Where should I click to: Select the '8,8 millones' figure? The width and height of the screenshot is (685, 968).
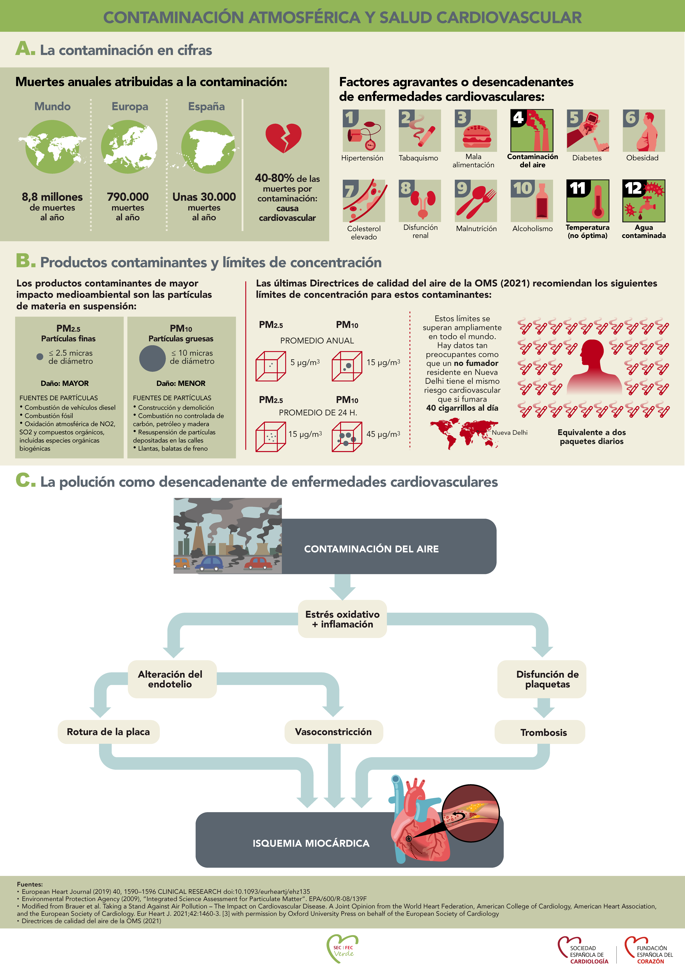[x=52, y=197]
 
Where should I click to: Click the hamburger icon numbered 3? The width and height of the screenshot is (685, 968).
[x=476, y=131]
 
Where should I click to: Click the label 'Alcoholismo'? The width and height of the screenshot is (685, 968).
[x=532, y=228]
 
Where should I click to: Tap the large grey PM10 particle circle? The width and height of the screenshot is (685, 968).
[x=152, y=358]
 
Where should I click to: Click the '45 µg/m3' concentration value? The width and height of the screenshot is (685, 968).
[x=383, y=434]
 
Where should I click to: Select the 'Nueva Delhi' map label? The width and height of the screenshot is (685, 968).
[x=509, y=433]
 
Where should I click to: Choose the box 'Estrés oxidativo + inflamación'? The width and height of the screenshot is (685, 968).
[x=343, y=619]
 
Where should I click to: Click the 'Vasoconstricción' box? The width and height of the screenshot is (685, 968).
[x=333, y=732]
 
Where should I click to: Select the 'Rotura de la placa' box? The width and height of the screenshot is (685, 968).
[x=108, y=732]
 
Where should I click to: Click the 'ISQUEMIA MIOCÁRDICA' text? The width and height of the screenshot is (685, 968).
[x=311, y=843]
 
